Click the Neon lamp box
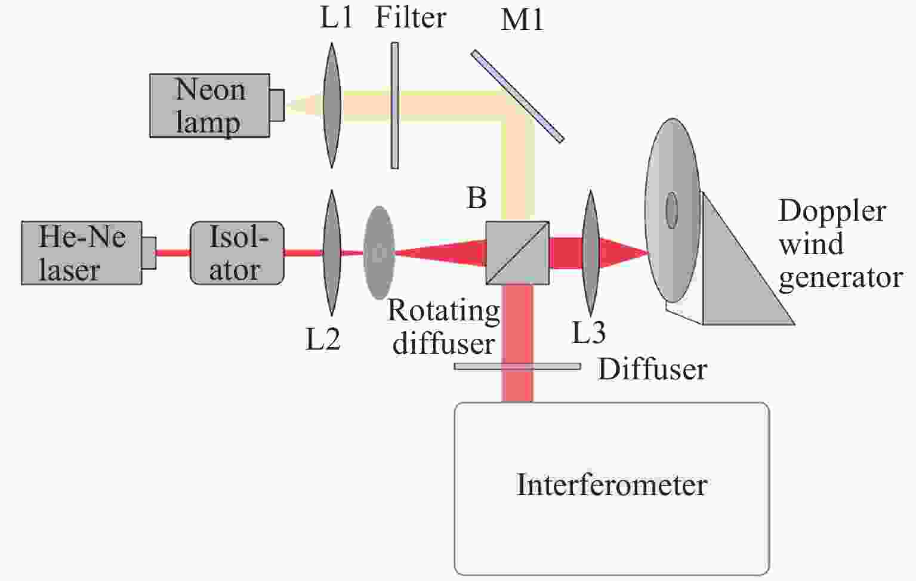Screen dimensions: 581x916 click(x=209, y=106)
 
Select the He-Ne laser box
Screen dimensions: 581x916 click(x=81, y=253)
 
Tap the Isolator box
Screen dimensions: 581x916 click(x=237, y=253)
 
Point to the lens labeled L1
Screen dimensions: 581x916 click(x=332, y=105)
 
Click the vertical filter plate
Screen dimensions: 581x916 click(x=394, y=105)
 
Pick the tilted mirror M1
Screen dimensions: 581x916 click(x=517, y=96)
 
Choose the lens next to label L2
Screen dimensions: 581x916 click(x=331, y=253)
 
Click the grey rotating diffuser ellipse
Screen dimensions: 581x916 click(x=379, y=253)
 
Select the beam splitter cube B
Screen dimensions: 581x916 click(x=517, y=253)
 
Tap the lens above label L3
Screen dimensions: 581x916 click(x=590, y=253)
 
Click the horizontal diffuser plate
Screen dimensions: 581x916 click(x=517, y=366)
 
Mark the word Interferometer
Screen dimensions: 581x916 click(x=612, y=484)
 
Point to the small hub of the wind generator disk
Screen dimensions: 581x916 click(x=671, y=210)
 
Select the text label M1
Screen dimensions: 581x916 click(x=522, y=20)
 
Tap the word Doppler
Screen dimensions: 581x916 click(x=832, y=212)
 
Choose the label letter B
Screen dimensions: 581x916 click(x=476, y=198)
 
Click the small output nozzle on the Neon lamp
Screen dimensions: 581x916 click(x=277, y=105)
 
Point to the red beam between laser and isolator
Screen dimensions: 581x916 click(x=173, y=253)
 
